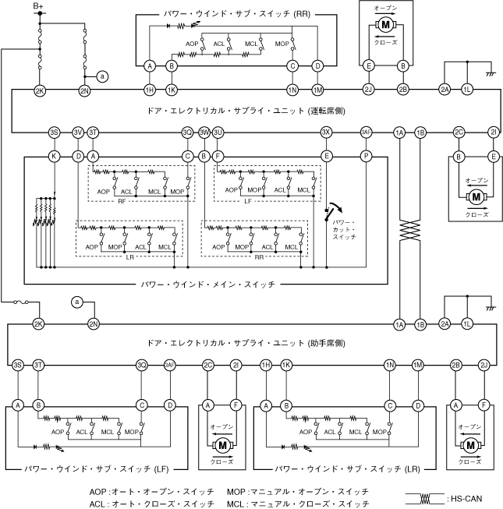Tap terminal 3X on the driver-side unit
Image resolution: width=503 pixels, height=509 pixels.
327,133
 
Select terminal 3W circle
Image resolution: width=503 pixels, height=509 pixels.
204,133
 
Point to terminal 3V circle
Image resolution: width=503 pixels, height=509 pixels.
78,133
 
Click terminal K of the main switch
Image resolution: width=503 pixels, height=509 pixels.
54,157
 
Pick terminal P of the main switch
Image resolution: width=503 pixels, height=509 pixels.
366,157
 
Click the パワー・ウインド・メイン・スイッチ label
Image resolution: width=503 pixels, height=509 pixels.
207,285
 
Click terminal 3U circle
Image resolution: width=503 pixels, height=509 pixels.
218,133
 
